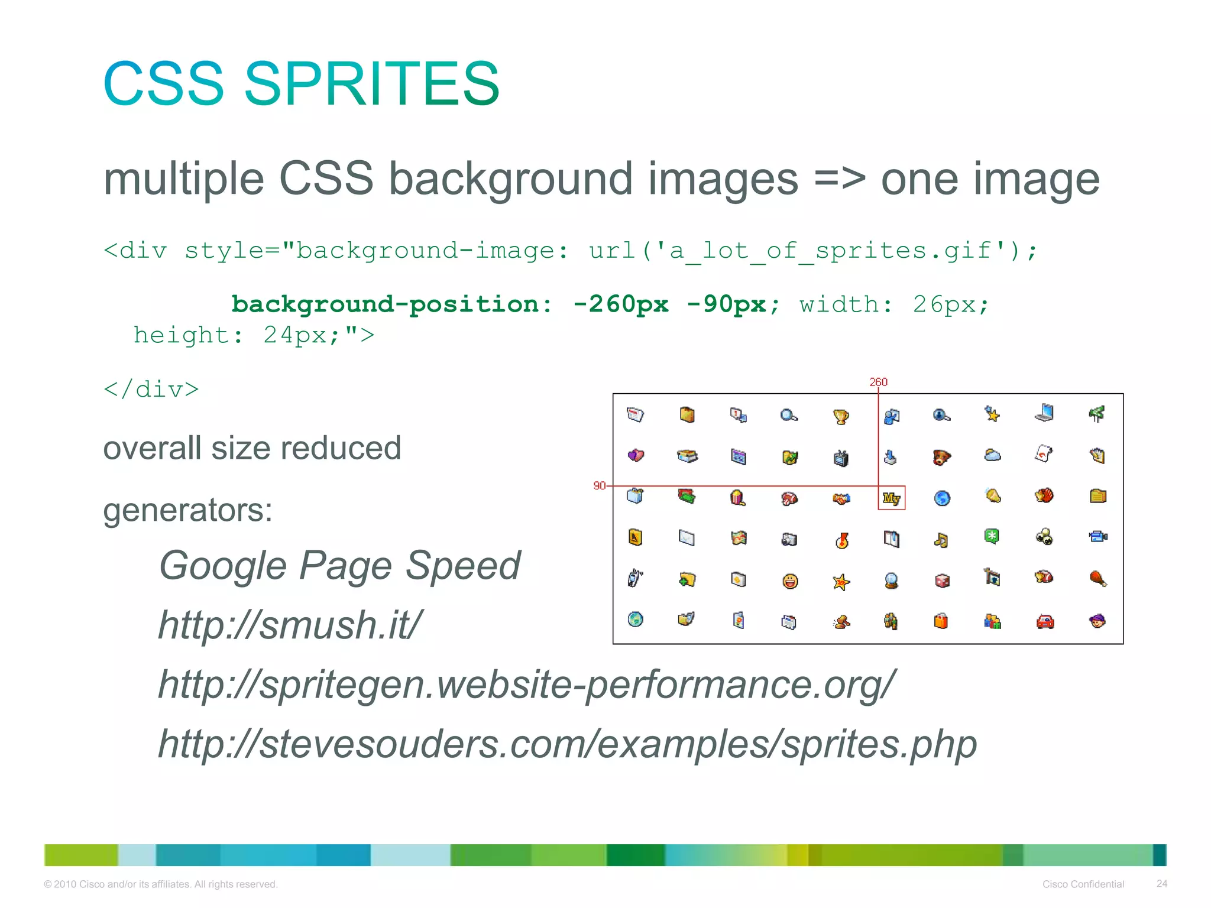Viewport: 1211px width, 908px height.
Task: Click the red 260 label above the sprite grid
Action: (x=878, y=382)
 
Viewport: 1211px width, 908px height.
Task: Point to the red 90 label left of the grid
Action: (x=599, y=485)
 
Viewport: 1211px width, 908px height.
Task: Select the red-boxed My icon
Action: (x=891, y=498)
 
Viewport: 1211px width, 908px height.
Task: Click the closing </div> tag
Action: (x=151, y=390)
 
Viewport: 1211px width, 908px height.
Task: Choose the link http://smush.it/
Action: (x=290, y=625)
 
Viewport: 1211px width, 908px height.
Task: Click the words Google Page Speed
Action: (x=339, y=566)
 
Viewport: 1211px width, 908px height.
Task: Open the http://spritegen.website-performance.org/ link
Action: (x=527, y=685)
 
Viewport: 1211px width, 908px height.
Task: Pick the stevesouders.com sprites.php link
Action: (x=567, y=744)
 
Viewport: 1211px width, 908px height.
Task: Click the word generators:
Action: (x=187, y=510)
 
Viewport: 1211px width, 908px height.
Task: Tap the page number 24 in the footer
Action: (x=1161, y=884)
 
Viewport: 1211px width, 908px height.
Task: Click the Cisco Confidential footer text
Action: (x=1083, y=884)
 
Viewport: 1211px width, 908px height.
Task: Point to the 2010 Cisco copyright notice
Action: (x=160, y=884)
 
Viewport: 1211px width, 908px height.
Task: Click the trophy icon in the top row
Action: (x=840, y=416)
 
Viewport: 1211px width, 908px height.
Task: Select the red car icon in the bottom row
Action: (x=1045, y=621)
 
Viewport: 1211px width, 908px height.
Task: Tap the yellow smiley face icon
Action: (x=789, y=581)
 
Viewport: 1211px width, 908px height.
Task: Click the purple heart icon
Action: (x=636, y=455)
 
